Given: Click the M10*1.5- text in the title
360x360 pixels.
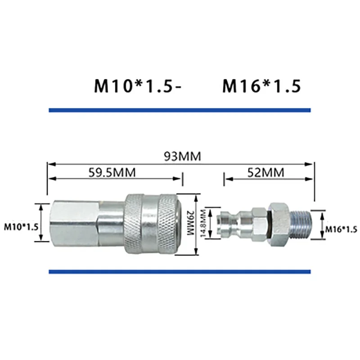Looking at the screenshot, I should point(138,86).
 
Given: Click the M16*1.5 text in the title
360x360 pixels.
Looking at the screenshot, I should point(261,86).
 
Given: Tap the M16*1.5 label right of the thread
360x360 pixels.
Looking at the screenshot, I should point(341,229).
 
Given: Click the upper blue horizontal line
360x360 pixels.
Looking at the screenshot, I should point(180,109).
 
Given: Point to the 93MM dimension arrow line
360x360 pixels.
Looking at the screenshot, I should point(112,163).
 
